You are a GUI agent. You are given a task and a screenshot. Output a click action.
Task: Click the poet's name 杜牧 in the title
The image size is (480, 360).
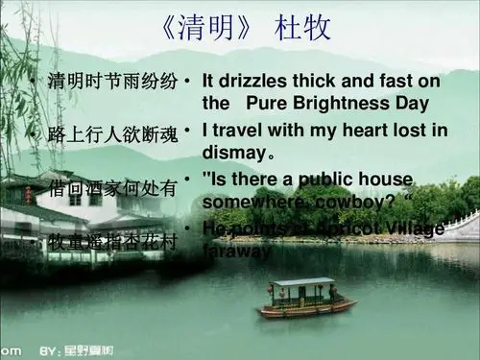(x=304, y=28)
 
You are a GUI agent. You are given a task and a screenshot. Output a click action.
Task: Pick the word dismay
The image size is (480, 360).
(x=233, y=152)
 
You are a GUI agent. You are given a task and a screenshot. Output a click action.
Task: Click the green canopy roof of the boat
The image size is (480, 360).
(x=302, y=281)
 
